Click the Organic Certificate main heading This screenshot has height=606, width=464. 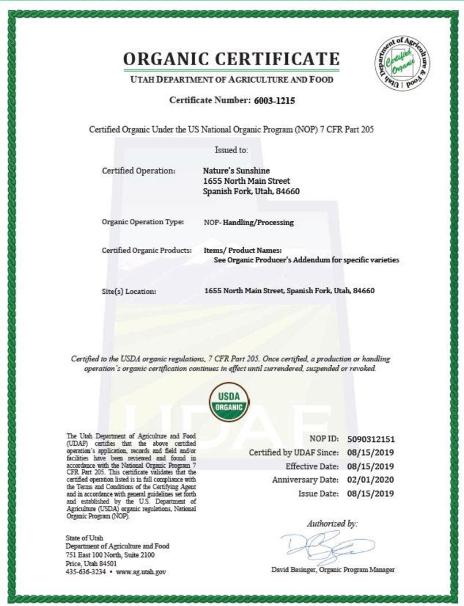pyautogui.click(x=231, y=59)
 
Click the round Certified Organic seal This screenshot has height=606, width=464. pyautogui.click(x=403, y=63)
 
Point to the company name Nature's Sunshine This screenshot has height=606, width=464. pyautogui.click(x=237, y=171)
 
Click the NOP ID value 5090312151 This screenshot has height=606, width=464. pyautogui.click(x=371, y=440)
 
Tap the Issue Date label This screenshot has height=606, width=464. pyautogui.click(x=318, y=494)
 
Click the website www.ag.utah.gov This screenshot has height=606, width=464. pyautogui.click(x=141, y=572)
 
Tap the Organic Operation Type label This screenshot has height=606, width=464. pyautogui.click(x=143, y=222)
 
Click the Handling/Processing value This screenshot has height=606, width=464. pyautogui.click(x=258, y=222)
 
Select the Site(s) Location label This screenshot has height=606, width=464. pyautogui.click(x=129, y=291)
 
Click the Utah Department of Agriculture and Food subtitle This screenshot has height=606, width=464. pyautogui.click(x=232, y=79)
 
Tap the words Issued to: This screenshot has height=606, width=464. pyautogui.click(x=231, y=150)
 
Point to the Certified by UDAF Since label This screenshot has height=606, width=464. pyautogui.click(x=294, y=453)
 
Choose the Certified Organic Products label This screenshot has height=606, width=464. pyautogui.click(x=146, y=251)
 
